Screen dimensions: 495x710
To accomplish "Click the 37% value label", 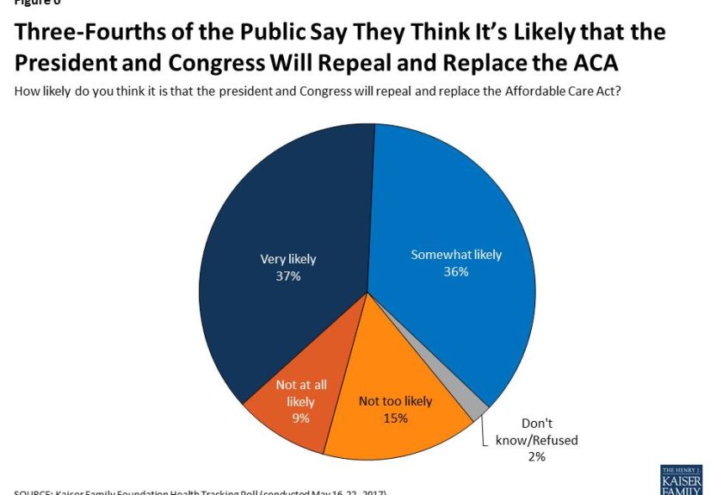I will pyautogui.click(x=287, y=275).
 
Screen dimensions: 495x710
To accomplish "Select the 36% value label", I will pyautogui.click(x=455, y=272).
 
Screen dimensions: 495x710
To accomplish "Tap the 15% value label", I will pyautogui.click(x=395, y=418).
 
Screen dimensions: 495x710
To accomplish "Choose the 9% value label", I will pyautogui.click(x=300, y=418).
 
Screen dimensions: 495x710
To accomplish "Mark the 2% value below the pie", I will pyautogui.click(x=536, y=456).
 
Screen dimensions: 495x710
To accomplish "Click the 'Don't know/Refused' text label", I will pyautogui.click(x=536, y=432).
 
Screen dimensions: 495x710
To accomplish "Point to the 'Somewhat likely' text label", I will pyautogui.click(x=455, y=255).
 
